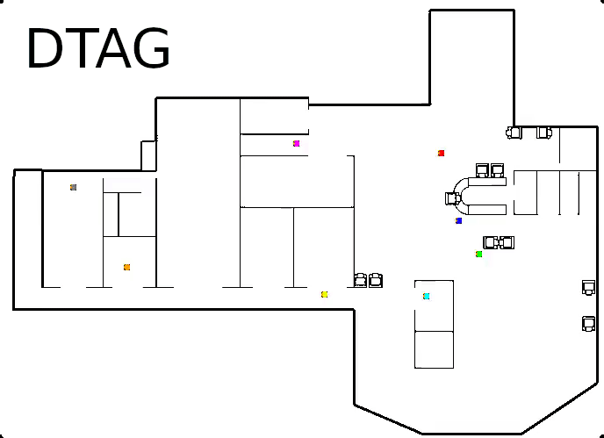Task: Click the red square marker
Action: coord(442,154)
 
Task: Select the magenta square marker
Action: coord(297,143)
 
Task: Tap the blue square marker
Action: coord(459,221)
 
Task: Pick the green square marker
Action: coord(479,255)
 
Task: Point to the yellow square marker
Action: coord(325,295)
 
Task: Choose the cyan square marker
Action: coord(427,297)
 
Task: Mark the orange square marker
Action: coord(127,268)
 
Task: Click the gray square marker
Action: coord(74,187)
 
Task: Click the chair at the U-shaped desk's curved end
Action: coord(452,198)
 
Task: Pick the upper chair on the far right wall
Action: coord(589,287)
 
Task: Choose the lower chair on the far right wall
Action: coord(589,324)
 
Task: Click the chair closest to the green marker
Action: coord(491,242)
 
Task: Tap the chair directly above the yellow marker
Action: coord(360,280)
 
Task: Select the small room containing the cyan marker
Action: coord(434,305)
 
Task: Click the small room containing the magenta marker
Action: coord(273,145)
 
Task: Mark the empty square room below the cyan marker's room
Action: coord(434,349)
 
